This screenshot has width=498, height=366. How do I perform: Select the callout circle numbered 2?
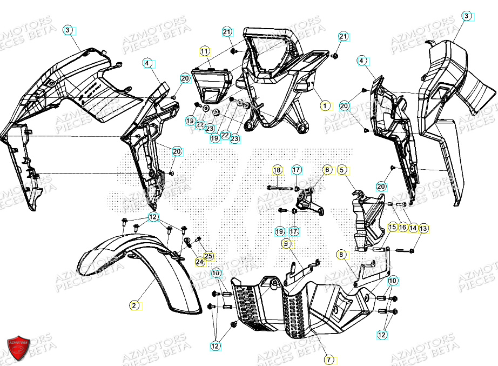coord(133,305)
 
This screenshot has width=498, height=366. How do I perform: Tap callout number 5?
coord(342,170)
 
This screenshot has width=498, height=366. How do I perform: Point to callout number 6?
coord(327,170)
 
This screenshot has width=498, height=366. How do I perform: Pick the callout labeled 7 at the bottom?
coord(327,359)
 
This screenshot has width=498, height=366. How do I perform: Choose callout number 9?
coord(286,244)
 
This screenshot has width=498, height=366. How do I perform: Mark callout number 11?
coord(204,51)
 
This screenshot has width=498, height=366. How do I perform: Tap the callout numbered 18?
coord(277,170)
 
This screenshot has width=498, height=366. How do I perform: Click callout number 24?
coord(199,262)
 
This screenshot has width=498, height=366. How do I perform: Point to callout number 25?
coord(208,256)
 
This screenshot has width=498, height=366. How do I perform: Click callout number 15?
coord(392,228)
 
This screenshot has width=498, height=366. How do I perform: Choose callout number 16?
coord(402,228)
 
